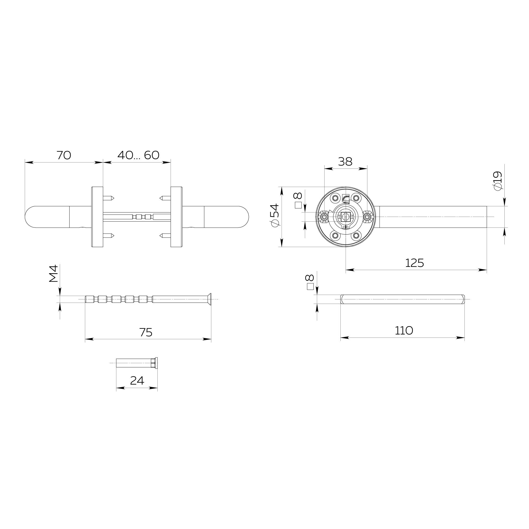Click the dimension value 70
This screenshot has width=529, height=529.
click(x=64, y=155)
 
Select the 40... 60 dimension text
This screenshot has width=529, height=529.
click(x=138, y=155)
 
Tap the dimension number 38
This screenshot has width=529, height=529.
click(x=345, y=162)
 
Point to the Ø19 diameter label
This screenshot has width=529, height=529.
click(x=497, y=181)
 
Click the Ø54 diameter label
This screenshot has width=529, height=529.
click(x=274, y=215)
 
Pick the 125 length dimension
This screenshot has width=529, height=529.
click(x=414, y=263)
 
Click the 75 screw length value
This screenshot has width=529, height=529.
click(x=146, y=332)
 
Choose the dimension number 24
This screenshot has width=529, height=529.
click(x=137, y=381)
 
